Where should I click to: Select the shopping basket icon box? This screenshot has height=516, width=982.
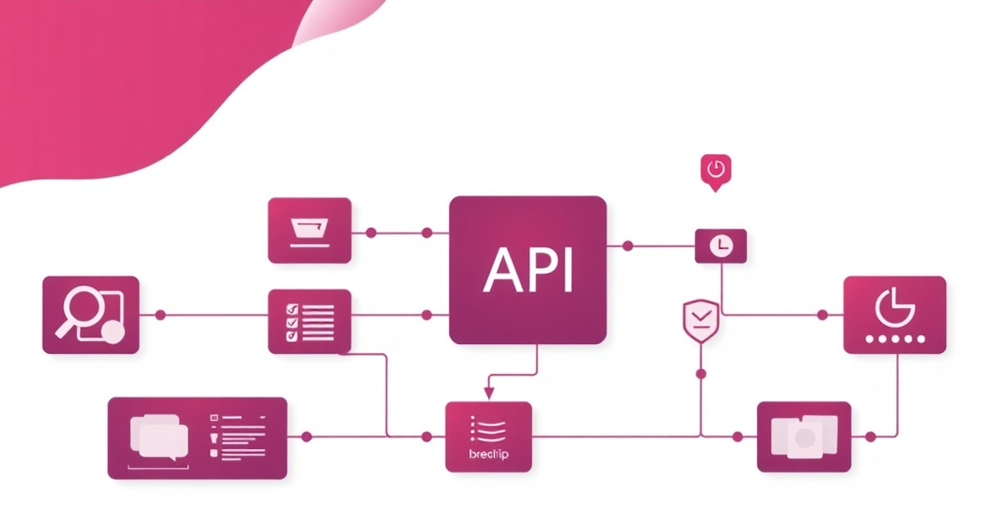pyautogui.click(x=310, y=230)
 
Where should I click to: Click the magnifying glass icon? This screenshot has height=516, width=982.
pyautogui.click(x=79, y=312)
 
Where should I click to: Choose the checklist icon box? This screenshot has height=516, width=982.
pyautogui.click(x=310, y=321)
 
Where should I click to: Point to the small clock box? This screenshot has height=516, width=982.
pyautogui.click(x=720, y=246)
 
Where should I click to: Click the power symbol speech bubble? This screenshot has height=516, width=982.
pyautogui.click(x=715, y=170)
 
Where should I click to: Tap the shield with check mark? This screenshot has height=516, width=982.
pyautogui.click(x=700, y=319)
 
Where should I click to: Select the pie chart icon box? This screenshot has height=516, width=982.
pyautogui.click(x=894, y=315)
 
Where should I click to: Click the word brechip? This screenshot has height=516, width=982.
pyautogui.click(x=489, y=454)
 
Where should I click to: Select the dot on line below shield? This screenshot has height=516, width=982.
pyautogui.click(x=700, y=373)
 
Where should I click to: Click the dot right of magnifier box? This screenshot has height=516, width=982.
pyautogui.click(x=160, y=315)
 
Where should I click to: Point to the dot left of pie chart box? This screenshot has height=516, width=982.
pyautogui.click(x=823, y=315)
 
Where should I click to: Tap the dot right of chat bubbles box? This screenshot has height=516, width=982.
pyautogui.click(x=306, y=437)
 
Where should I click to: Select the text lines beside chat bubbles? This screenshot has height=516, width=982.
pyautogui.click(x=239, y=434)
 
